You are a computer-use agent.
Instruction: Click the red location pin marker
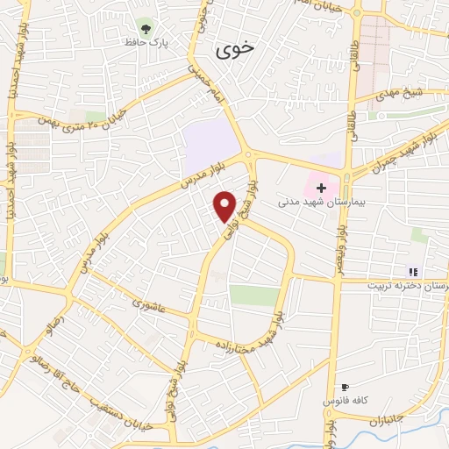click(225, 205)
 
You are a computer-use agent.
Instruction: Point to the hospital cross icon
click(322, 188)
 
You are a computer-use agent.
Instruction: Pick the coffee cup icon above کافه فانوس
click(344, 387)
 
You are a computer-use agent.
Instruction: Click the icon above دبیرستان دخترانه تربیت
click(413, 271)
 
